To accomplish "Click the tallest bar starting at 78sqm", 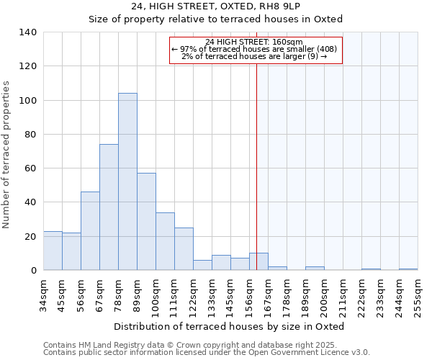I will coord(127,181).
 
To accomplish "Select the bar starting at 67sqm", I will coord(109,207).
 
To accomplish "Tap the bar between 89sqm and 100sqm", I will coord(146,222).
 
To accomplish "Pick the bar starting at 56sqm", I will coord(90,231).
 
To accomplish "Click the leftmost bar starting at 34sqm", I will coord(53,251).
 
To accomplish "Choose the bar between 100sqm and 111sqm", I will coord(165,241).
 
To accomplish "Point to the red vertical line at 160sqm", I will coord(256,158).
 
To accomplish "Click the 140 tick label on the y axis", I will coord(27,32).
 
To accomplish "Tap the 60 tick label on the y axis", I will coord(30,168).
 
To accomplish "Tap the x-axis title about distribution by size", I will coord(230,326).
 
